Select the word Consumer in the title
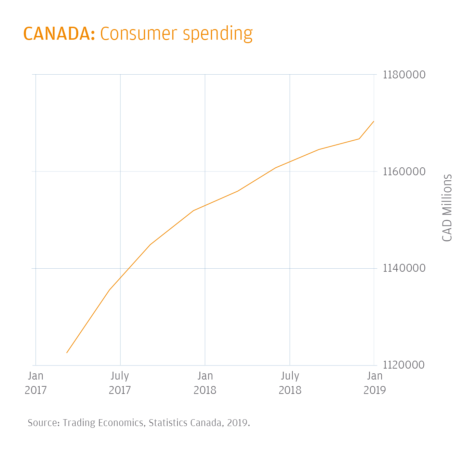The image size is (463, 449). tap(139, 34)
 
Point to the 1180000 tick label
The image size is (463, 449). tap(404, 75)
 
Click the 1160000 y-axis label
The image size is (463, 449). tap(404, 171)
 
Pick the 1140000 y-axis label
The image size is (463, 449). tap(404, 268)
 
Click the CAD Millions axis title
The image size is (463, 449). tap(447, 208)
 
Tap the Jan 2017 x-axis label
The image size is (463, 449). tap(36, 383)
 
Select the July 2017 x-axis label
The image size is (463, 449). tap(120, 383)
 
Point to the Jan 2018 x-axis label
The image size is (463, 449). tap(205, 383)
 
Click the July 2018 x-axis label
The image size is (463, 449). tap(290, 383)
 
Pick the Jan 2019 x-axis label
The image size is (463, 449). tap(374, 383)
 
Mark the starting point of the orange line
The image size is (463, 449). tap(67, 352)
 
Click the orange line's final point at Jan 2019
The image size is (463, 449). tap(374, 121)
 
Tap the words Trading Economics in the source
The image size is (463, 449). tap(103, 423)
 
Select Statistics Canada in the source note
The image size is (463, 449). tap(185, 423)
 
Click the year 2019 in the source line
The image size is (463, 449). tap(237, 423)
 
